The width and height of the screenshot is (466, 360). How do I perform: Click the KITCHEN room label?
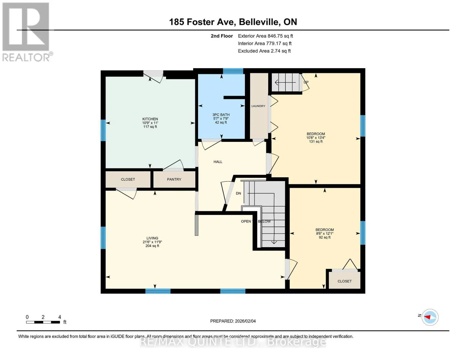pos(150,119)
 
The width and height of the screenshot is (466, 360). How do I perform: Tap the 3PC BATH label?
pos(221,115)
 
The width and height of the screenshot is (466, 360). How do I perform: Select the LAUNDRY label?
pos(258,106)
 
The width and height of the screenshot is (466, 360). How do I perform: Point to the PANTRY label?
pos(174,179)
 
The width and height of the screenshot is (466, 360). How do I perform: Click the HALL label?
pos(218,162)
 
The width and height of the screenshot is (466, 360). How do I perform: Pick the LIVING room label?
pos(152,238)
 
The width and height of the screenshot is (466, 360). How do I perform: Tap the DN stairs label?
pos(239,193)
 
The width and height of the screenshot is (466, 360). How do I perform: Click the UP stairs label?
pos(306,82)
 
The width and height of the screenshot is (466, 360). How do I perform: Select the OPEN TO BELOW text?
pos(256,221)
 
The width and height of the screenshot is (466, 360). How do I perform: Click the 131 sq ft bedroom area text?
pos(316,142)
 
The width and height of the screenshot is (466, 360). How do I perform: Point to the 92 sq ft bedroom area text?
pos(324,237)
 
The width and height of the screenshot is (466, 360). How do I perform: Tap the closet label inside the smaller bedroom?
pos(344,281)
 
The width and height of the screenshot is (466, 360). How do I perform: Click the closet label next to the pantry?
pos(128,179)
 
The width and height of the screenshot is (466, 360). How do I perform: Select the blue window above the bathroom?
pos(233,71)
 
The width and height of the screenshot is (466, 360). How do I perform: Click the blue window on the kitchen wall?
pos(103,130)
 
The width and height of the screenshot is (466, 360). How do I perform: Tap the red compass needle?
pos(427,317)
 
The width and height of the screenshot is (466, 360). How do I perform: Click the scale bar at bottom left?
pos(43,322)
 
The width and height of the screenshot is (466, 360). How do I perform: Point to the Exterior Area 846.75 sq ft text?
pos(266,36)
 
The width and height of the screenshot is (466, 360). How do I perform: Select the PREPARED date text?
pos(233,321)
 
